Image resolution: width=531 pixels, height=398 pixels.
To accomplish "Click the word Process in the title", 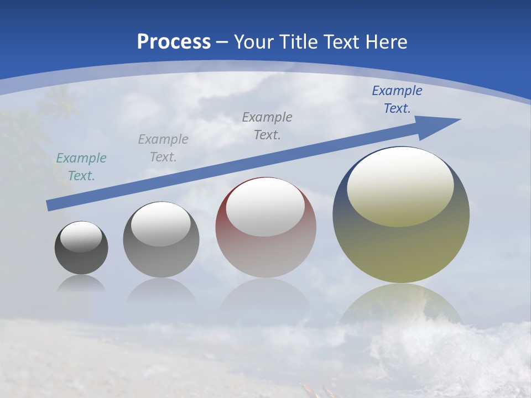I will click(x=174, y=42).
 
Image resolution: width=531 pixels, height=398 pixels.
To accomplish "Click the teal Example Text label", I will click(x=81, y=167).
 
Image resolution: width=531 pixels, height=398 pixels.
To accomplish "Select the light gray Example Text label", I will click(x=163, y=148).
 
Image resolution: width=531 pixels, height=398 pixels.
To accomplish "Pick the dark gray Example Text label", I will click(x=267, y=126).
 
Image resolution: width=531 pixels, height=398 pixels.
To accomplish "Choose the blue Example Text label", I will click(x=397, y=99).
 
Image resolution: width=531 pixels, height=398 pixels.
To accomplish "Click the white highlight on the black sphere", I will click(x=81, y=237).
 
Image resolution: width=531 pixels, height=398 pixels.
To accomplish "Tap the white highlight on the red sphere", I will click(x=265, y=207).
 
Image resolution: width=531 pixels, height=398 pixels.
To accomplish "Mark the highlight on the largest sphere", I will click(x=400, y=185).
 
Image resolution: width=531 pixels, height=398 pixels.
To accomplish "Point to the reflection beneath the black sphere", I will click(x=81, y=284).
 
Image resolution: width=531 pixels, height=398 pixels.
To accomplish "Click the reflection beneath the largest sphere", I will click(x=401, y=304).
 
